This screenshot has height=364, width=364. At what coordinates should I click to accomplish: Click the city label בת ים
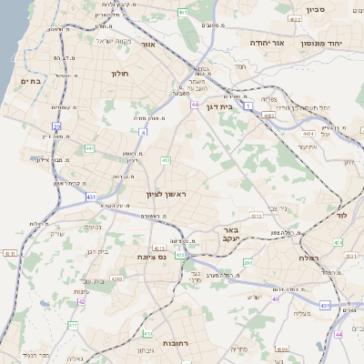(31, 81)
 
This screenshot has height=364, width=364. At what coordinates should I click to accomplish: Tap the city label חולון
(121, 73)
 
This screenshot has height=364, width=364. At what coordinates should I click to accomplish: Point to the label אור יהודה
(268, 43)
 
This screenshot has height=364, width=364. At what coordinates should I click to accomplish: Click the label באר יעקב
(231, 236)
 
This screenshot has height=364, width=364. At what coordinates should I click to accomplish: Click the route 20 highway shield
(56, 126)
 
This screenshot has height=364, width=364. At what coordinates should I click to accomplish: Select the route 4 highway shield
(142, 131)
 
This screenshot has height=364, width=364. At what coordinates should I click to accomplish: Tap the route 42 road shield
(81, 301)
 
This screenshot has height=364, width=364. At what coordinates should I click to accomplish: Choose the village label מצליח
(301, 313)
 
